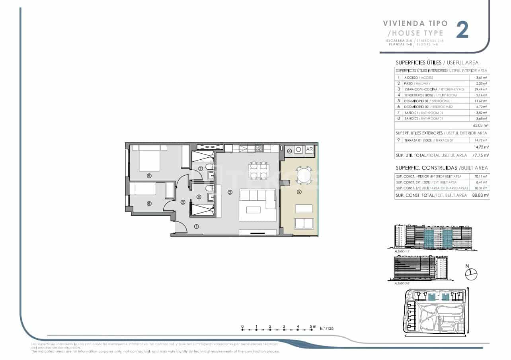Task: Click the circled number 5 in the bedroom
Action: click(149, 175)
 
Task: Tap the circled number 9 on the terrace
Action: click(299, 192)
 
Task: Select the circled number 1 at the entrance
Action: click(196, 227)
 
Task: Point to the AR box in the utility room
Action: click(309, 150)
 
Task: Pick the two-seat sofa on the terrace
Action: click(304, 223)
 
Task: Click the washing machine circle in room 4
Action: click(299, 150)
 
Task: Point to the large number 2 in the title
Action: click(462, 30)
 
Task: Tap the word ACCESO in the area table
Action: click(411, 78)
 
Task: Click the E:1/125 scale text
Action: click(328, 329)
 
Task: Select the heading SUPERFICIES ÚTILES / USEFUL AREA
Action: click(437, 63)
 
